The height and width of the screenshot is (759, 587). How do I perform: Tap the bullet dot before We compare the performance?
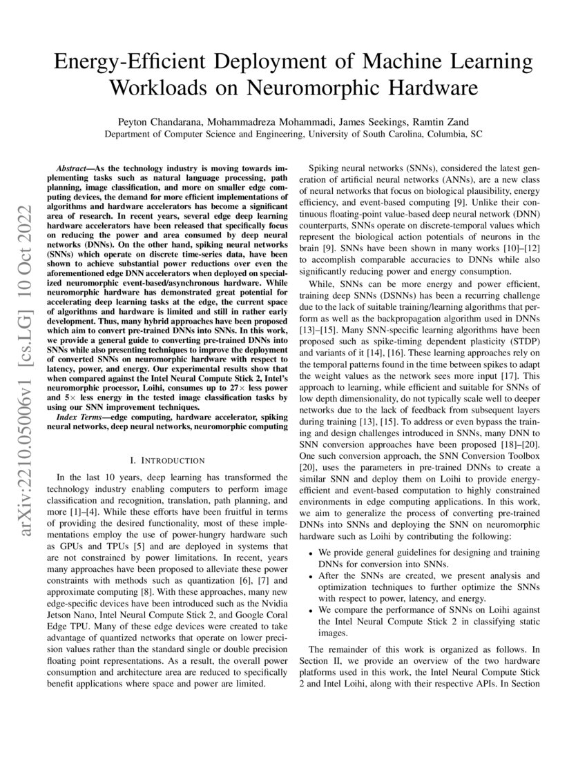tap(311, 610)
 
